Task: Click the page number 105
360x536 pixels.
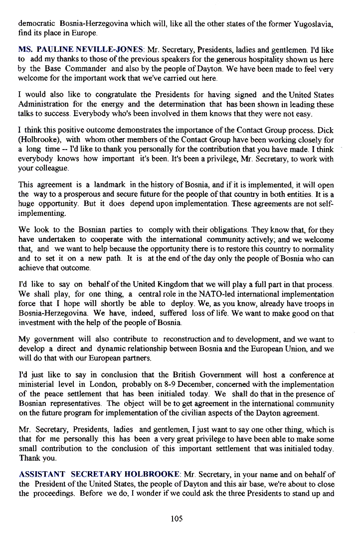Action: (177, 519)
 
